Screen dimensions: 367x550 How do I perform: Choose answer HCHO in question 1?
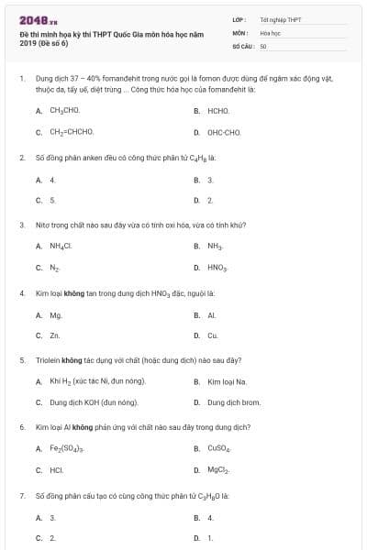pos(218,110)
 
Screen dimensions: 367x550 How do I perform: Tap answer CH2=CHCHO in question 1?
pos(72,132)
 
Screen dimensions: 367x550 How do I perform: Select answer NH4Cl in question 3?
pos(61,246)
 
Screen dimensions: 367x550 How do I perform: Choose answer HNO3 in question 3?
pos(217,268)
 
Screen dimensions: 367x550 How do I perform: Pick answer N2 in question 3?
pos(55,268)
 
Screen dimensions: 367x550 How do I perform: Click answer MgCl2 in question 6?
pos(218,471)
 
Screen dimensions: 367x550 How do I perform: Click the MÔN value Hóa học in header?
pos(270,32)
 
